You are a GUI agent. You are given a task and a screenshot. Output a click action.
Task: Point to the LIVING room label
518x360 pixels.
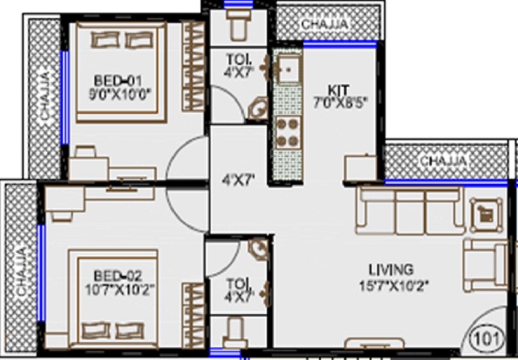[390, 269]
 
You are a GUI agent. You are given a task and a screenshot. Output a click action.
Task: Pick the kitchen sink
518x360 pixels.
[287, 68]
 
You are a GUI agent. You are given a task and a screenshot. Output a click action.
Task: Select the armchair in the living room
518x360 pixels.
[486, 265]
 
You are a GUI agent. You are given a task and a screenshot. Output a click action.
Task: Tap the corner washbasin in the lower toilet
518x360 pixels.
[257, 248]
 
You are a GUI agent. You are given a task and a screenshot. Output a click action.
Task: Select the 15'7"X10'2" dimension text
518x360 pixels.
[390, 284]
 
